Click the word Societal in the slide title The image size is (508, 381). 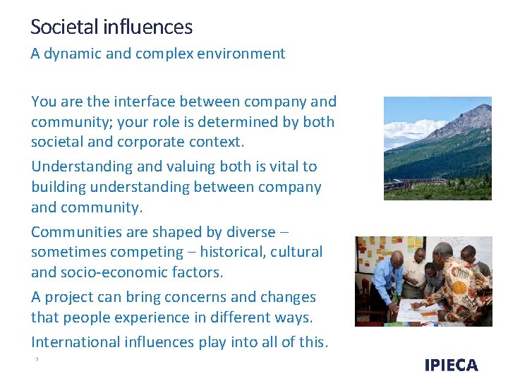(x=66, y=28)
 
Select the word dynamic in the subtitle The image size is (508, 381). (x=71, y=54)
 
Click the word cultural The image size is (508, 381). (x=298, y=252)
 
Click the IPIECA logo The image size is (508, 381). (x=451, y=365)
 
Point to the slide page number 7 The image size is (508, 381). (x=36, y=360)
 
